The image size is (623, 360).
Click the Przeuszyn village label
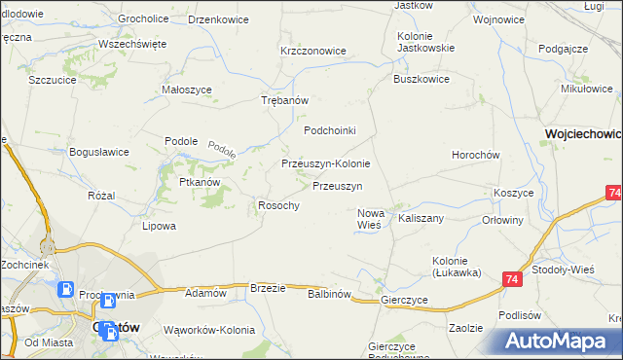click(x=338, y=186)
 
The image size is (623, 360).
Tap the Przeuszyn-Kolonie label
click(x=325, y=164)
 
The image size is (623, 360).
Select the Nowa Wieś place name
click(x=371, y=219)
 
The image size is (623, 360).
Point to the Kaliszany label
click(x=421, y=219)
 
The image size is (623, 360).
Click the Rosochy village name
click(x=277, y=205)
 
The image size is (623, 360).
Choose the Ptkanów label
click(x=199, y=182)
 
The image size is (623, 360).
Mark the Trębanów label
click(x=285, y=101)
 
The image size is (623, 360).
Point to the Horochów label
click(x=476, y=156)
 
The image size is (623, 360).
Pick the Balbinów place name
click(x=328, y=293)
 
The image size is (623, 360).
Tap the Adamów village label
click(x=205, y=293)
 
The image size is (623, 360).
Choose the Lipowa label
click(x=160, y=227)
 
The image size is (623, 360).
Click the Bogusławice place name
click(x=99, y=152)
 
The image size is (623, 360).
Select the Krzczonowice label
click(x=313, y=51)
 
